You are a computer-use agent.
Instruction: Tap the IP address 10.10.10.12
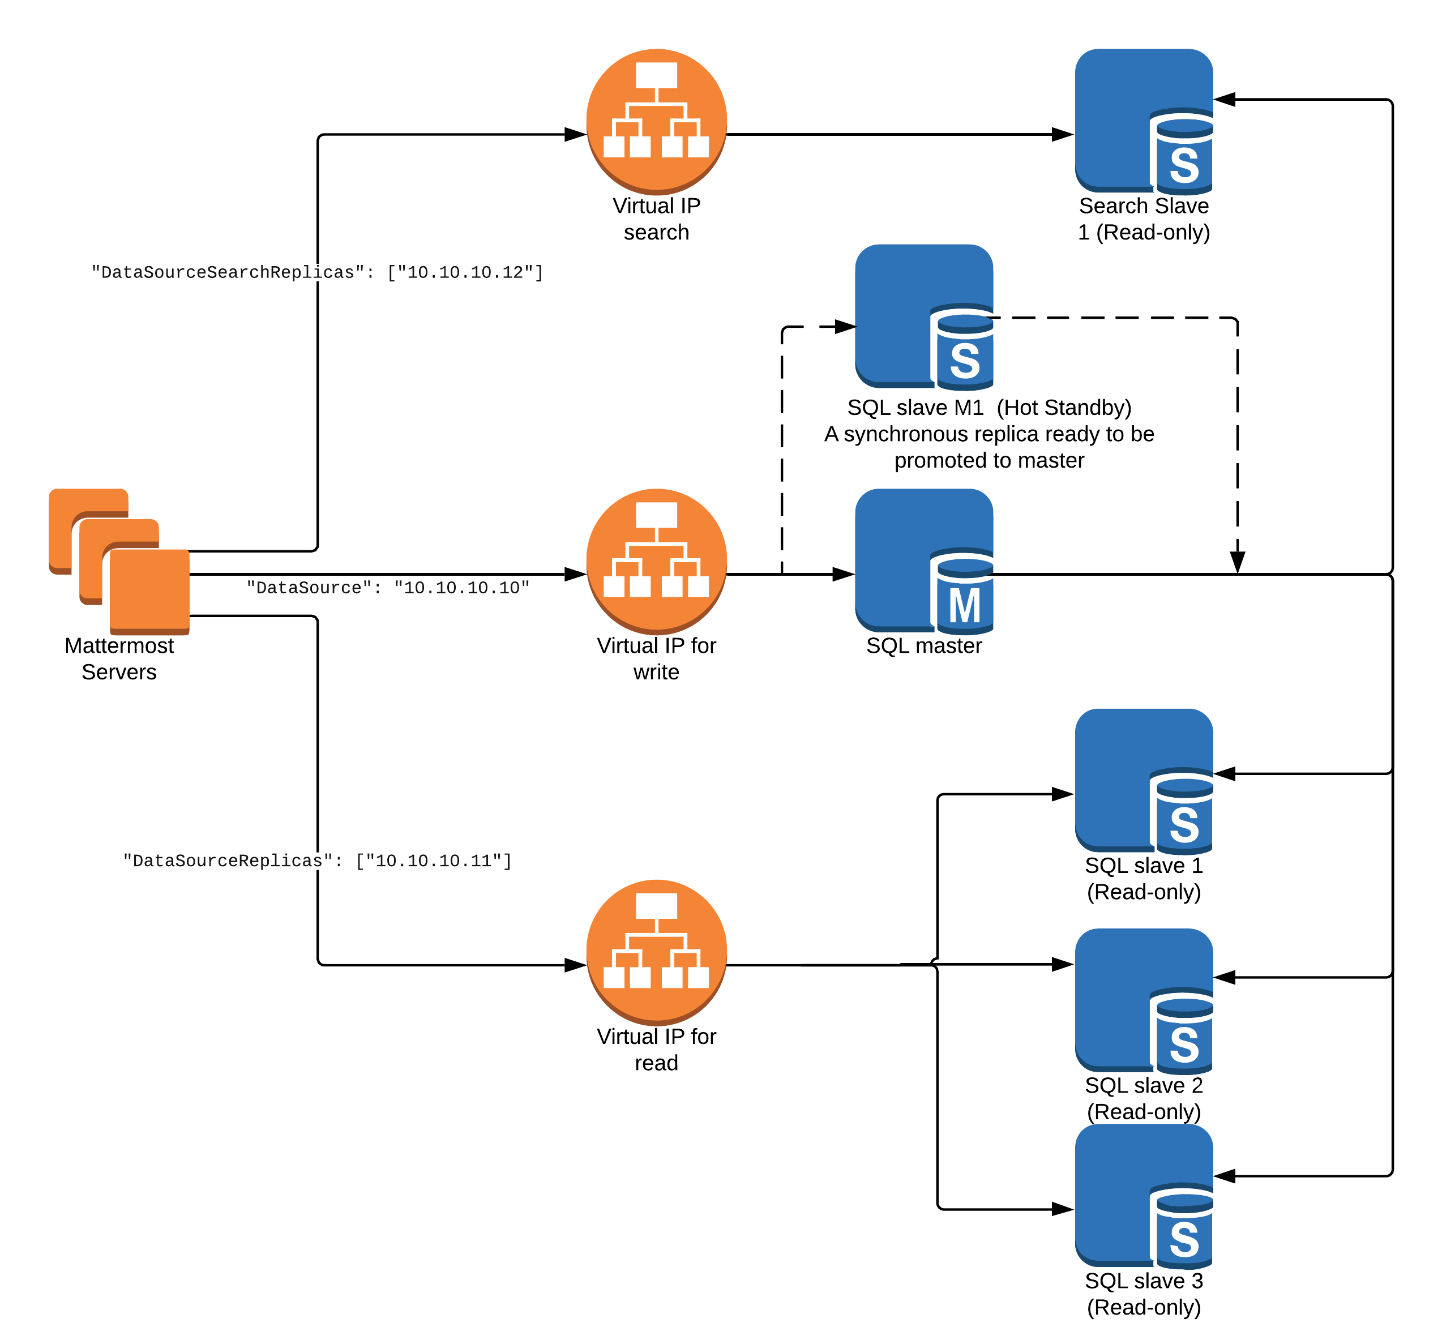[465, 273]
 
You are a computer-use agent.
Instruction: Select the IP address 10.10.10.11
[433, 861]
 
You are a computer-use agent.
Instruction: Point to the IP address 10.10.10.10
[461, 588]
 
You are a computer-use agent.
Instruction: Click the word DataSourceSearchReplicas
[227, 273]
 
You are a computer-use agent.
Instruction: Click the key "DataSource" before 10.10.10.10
[309, 588]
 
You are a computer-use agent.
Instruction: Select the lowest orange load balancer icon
[656, 952]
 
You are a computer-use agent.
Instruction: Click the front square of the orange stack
[150, 590]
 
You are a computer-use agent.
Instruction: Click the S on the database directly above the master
[965, 361]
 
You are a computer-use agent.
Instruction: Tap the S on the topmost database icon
[1184, 165]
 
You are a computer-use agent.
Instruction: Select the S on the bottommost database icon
[1184, 1240]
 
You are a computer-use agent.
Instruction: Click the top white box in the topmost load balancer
[656, 75]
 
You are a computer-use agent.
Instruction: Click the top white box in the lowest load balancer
[656, 906]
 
